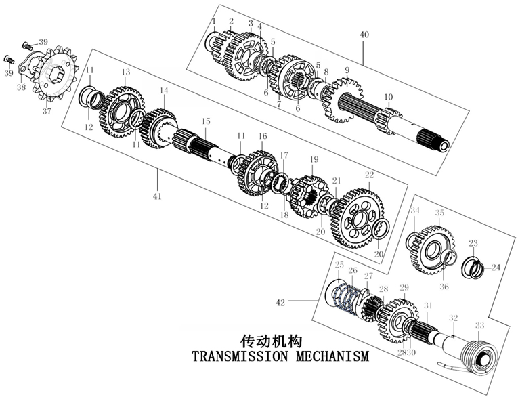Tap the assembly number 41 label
coord(158,196)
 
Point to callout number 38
coord(21,87)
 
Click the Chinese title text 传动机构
coord(271,340)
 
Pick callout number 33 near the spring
coord(479,326)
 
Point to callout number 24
coord(496,267)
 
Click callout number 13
coord(126,72)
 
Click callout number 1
coord(213,22)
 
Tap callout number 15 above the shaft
coord(206,121)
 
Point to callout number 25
coord(339,264)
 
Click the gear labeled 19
coord(308,195)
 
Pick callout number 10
coord(388,97)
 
